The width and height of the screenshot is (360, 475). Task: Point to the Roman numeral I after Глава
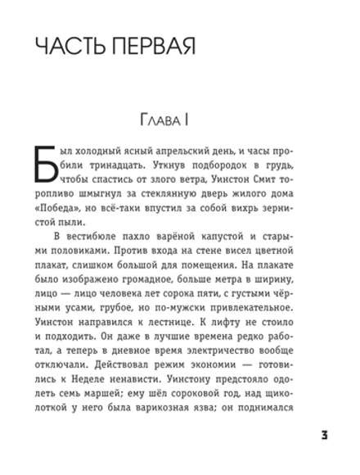[x=187, y=122]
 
